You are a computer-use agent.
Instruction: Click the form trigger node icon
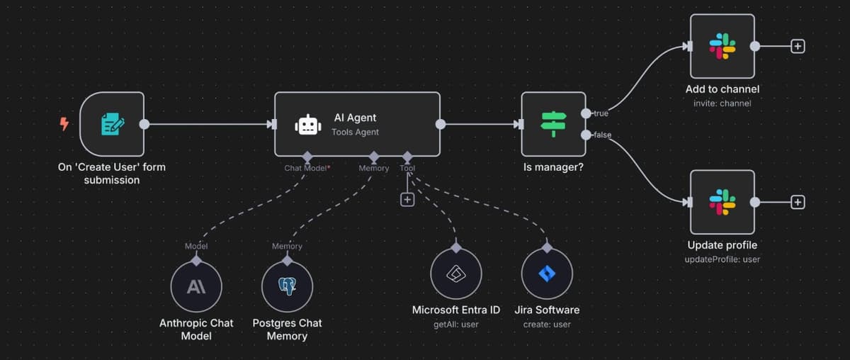tap(112, 124)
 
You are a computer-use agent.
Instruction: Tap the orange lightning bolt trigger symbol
tap(64, 125)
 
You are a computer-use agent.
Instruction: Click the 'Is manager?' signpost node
tap(553, 124)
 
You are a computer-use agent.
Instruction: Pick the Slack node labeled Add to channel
tap(722, 46)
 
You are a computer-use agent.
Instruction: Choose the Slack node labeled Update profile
tap(722, 202)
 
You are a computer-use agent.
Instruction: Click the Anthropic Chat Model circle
tap(196, 287)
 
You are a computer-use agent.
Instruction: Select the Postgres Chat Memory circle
tap(287, 287)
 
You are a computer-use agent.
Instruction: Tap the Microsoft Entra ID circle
tap(456, 274)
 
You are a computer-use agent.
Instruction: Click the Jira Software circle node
tap(547, 274)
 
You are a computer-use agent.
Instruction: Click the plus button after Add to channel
tap(798, 46)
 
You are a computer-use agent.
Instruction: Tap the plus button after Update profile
tap(798, 202)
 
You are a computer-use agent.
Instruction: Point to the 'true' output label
tap(601, 113)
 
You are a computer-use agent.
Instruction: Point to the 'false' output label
tap(602, 135)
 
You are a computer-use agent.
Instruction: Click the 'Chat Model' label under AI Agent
tap(305, 168)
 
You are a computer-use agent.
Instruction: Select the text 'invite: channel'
tap(722, 103)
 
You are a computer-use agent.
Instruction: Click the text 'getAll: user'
tap(456, 325)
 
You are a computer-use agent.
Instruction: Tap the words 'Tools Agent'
tap(355, 132)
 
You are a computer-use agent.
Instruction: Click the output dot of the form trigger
tap(144, 124)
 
